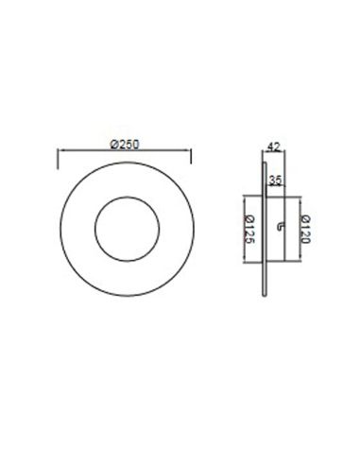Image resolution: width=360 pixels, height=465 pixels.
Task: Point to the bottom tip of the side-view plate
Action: tap(264, 301)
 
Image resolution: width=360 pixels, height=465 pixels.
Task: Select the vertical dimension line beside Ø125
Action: tap(244, 228)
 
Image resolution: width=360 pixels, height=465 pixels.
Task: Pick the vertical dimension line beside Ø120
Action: tap(300, 228)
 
